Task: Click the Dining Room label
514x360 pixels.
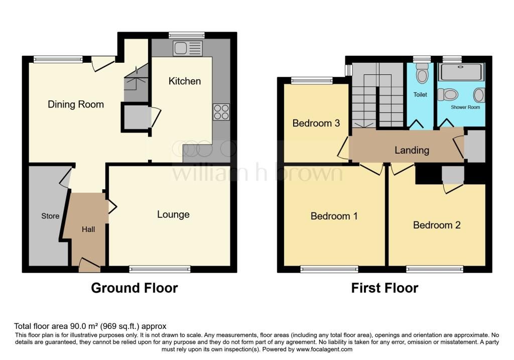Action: tap(76, 104)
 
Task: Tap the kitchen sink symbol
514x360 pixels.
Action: tap(187, 49)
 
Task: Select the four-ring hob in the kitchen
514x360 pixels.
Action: tap(221, 112)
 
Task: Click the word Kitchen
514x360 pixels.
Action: tap(184, 81)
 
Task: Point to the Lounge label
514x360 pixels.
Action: tap(173, 214)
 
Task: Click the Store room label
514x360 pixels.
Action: tap(50, 216)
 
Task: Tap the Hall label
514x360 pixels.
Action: tap(88, 229)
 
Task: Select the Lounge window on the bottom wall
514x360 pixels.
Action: tap(160, 270)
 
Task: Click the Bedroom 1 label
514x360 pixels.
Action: tap(334, 216)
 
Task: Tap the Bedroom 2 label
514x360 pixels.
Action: tap(437, 225)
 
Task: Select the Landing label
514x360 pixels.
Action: tap(412, 150)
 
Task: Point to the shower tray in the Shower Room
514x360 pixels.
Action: tap(461, 72)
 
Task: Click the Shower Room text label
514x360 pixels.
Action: tap(465, 107)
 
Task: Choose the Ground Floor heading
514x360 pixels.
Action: tap(134, 288)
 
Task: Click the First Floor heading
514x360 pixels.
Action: tap(384, 288)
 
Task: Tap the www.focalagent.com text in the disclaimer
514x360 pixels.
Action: tap(324, 349)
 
